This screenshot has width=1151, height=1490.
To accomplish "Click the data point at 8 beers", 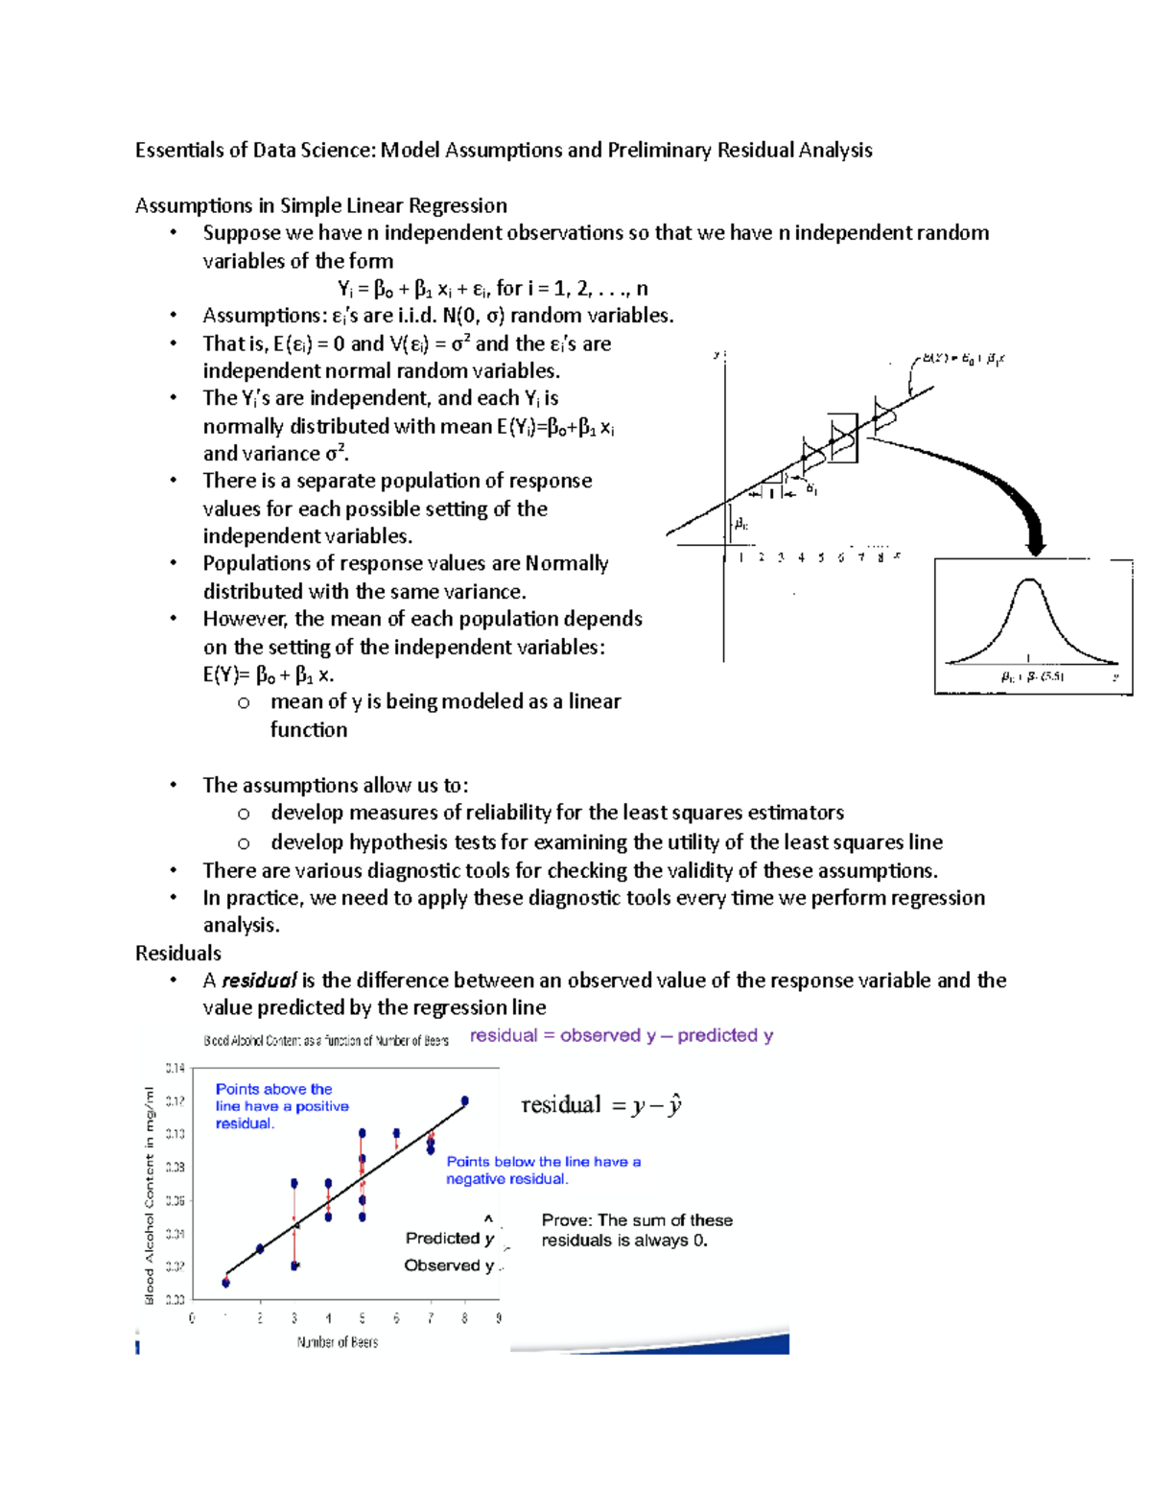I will pos(465,1101).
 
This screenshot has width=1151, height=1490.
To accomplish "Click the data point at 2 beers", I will pos(261,1249).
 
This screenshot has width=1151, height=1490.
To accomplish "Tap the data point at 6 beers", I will pos(397,1133).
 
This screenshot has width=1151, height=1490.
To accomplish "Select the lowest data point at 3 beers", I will pos(294,1265).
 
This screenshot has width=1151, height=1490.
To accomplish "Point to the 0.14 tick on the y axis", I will pos(175,1068).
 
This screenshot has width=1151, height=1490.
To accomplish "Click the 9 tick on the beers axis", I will pos(499,1318).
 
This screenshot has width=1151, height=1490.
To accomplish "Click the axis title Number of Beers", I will pos(338,1342).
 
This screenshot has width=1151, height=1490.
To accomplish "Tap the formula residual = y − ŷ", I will pos(601,1105).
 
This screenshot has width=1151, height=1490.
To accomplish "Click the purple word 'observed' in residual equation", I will pos(600,1035).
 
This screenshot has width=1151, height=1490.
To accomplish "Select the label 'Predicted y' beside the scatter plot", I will pos(449,1239).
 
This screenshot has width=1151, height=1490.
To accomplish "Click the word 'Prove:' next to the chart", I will pos(567,1220).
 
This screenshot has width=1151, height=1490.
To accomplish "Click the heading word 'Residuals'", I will pos(178,953).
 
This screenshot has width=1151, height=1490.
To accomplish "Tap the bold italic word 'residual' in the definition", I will pos(259,981).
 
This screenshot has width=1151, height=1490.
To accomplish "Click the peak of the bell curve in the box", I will pos(1029,580).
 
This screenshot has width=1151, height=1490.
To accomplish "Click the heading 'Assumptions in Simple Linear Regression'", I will pos(321,205).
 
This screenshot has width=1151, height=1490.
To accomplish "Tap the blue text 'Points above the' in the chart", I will pos(273,1089).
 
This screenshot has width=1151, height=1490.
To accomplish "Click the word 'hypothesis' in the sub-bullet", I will pos(396,842).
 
